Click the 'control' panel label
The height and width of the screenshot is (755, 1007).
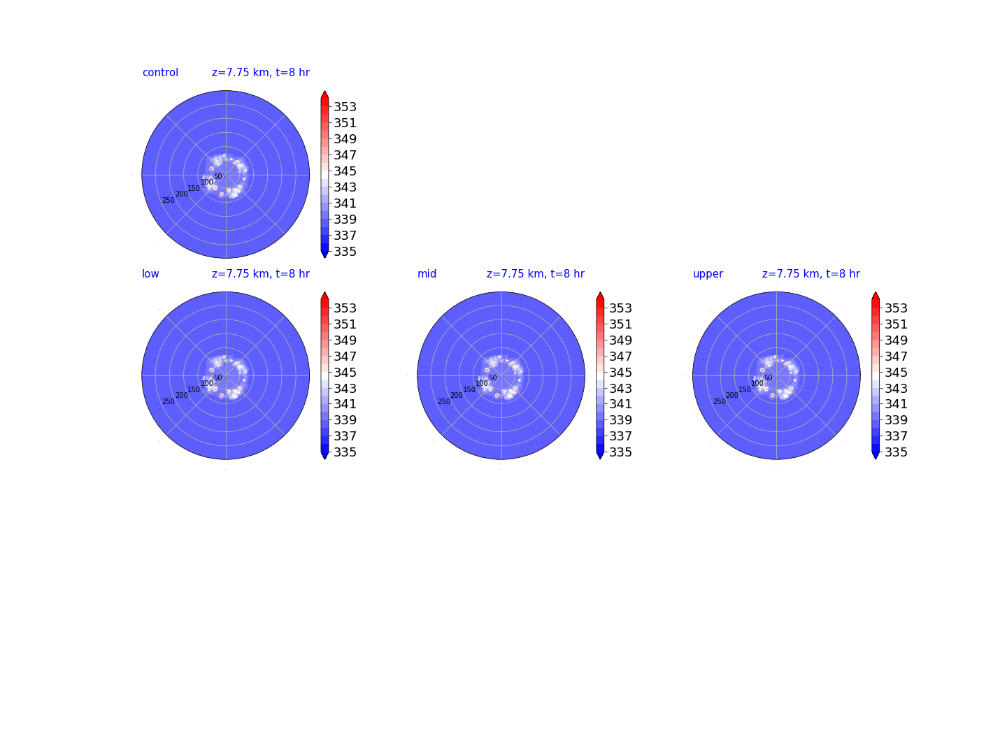(x=160, y=73)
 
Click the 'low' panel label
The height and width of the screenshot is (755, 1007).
(x=150, y=273)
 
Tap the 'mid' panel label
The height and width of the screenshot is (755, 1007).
(x=427, y=273)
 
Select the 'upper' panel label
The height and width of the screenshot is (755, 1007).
(x=708, y=274)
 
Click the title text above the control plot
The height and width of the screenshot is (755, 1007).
(x=261, y=73)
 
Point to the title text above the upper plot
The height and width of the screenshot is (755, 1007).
(x=810, y=273)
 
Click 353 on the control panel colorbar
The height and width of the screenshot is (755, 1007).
(x=345, y=107)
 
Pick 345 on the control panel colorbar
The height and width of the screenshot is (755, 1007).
(x=345, y=171)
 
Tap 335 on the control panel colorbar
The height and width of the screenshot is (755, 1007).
(x=345, y=251)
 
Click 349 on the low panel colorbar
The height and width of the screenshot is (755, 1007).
(x=345, y=340)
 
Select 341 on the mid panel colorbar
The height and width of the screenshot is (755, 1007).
(x=620, y=404)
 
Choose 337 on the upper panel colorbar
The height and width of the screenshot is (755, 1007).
(x=896, y=436)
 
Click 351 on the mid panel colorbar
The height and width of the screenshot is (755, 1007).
(x=620, y=324)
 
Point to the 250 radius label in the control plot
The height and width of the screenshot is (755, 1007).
(x=169, y=201)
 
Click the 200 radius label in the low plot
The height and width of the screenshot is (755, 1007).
(x=182, y=395)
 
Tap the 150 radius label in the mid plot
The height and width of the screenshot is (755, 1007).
(x=469, y=389)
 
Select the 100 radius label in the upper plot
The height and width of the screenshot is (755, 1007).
(x=757, y=383)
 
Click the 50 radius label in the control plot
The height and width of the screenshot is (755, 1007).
(x=218, y=176)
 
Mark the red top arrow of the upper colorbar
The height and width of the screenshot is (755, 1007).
(x=875, y=296)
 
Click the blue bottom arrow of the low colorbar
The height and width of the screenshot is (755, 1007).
(x=324, y=454)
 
